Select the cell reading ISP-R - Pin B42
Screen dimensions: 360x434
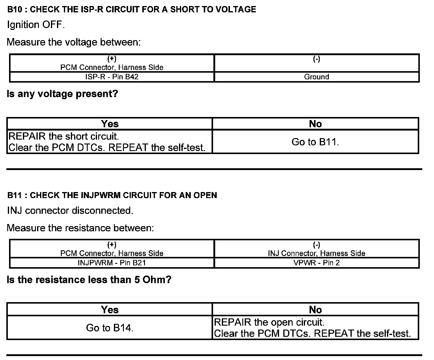(112, 77)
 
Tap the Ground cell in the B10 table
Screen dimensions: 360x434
(316, 77)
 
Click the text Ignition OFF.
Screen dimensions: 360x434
(36, 25)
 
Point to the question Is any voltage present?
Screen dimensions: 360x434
(62, 94)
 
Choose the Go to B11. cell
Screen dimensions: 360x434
(315, 142)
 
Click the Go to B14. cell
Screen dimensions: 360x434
(109, 328)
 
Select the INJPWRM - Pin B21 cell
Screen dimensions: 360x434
(112, 263)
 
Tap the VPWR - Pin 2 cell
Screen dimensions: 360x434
(316, 263)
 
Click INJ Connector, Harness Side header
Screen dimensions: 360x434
(316, 253)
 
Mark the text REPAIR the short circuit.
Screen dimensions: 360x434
(64, 136)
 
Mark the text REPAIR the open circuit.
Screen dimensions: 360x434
(269, 322)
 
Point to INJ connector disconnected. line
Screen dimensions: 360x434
(70, 210)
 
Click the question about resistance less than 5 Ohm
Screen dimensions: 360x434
(89, 280)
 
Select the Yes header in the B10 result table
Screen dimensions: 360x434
(110, 124)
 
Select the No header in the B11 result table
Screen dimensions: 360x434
(315, 310)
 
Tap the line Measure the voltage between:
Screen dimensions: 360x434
(74, 42)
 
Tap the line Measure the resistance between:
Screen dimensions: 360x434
(80, 228)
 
